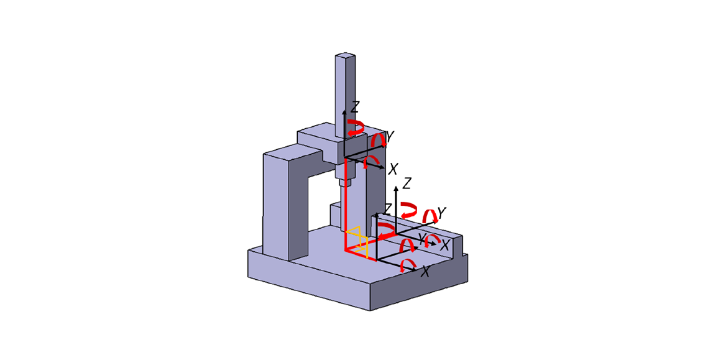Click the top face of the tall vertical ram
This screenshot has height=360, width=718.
tap(346, 56)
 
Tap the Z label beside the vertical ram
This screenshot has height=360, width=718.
tap(355, 107)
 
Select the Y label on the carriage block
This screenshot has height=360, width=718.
tap(390, 136)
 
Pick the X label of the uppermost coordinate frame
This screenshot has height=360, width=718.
tap(393, 169)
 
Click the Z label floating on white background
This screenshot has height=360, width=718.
tap(407, 183)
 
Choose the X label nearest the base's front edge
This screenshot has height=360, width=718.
tap(426, 272)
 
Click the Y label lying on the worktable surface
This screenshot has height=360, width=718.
tap(422, 239)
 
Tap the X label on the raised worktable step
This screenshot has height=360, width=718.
tap(445, 246)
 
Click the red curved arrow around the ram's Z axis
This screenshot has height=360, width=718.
tap(355, 128)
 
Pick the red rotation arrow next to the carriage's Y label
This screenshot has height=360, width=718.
tap(377, 141)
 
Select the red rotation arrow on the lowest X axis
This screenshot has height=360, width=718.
tap(407, 265)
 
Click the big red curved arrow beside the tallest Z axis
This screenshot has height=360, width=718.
tap(409, 209)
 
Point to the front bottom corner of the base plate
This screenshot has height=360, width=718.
tap(371, 309)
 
